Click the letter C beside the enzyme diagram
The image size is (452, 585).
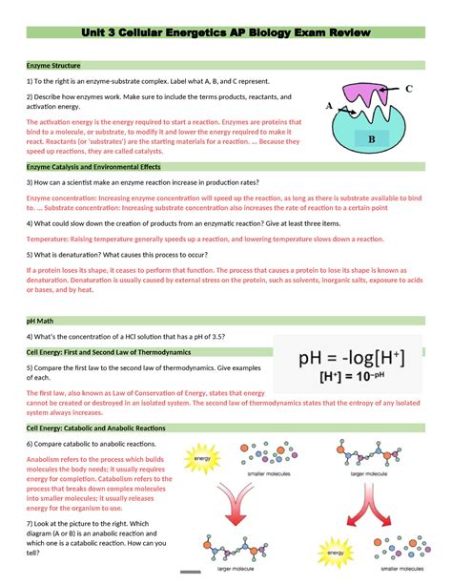pos(408,89)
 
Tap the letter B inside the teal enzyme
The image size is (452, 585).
pos(372,139)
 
